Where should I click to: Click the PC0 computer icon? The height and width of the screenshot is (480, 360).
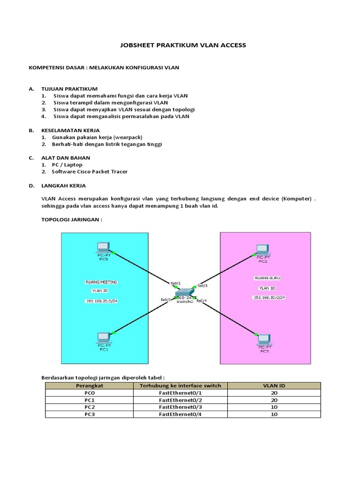click(102, 247)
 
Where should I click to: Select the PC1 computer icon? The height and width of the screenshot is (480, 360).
click(103, 337)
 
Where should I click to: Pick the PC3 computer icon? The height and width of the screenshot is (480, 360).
click(264, 338)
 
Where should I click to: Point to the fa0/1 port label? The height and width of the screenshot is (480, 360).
click(175, 283)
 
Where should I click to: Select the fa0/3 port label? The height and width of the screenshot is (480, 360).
click(202, 285)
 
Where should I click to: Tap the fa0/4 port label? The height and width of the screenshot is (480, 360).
click(202, 300)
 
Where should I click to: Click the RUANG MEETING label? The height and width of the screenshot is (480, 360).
click(101, 282)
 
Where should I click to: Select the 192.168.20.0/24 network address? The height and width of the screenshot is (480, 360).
click(101, 301)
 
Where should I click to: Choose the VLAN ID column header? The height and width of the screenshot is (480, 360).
click(274, 385)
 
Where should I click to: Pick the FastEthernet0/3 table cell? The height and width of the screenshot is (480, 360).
click(180, 407)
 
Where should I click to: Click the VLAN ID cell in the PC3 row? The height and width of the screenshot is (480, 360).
click(274, 414)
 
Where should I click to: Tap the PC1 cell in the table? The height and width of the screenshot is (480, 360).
click(89, 400)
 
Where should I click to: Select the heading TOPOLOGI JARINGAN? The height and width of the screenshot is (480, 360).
click(72, 219)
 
